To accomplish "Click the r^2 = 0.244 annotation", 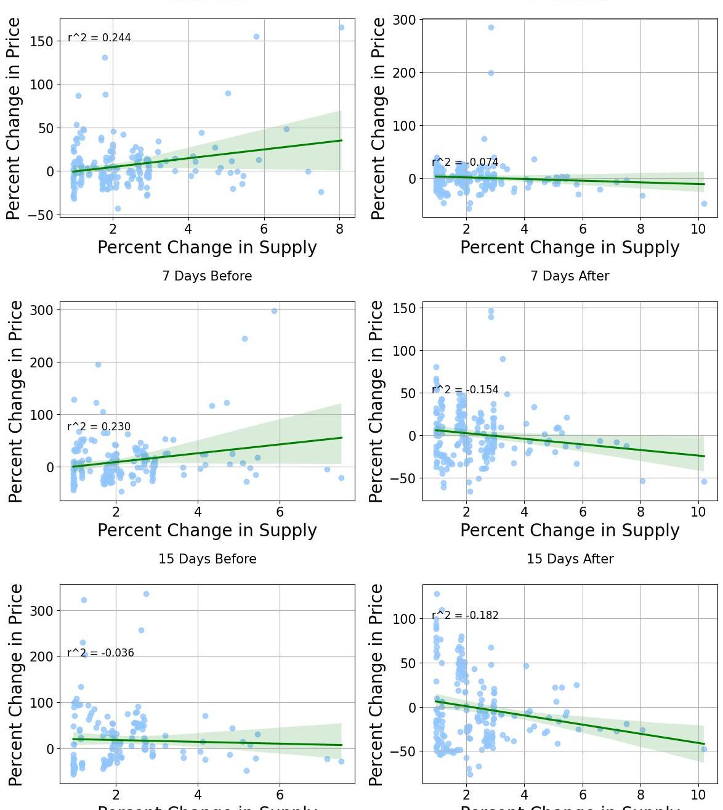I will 99,38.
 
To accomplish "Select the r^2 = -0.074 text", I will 465,163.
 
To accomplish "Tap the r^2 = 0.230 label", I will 99,427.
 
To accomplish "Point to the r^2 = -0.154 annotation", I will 465,390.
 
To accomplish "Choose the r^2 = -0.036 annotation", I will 100,653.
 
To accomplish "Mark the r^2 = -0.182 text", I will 465,615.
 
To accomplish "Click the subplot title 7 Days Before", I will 207,276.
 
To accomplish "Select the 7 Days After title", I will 570,276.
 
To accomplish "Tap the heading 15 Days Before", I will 207,559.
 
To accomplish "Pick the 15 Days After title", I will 570,559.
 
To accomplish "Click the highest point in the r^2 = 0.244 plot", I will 341,27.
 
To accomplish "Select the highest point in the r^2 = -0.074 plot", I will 491,28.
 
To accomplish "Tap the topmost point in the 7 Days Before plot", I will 274,311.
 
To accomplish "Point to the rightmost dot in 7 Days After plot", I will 704,481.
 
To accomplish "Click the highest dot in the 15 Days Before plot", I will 146,594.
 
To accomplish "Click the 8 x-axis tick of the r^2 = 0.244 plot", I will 339,229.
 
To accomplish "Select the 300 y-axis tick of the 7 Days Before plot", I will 45,310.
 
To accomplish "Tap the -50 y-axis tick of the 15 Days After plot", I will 408,751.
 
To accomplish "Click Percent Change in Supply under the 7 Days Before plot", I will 207,530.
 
